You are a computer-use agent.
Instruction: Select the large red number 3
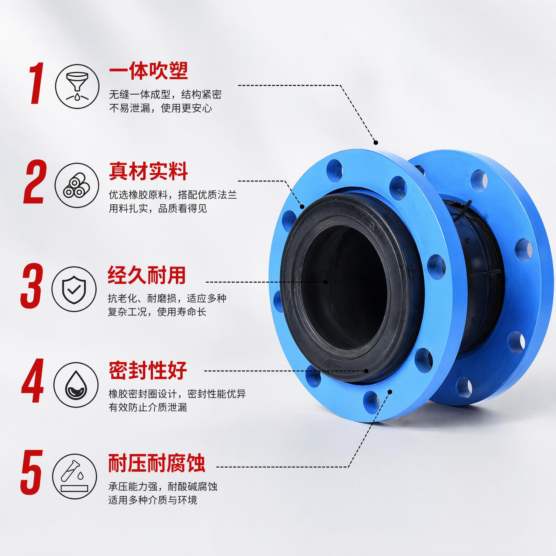pyautogui.click(x=32, y=286)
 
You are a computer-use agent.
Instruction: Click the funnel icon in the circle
pyautogui.click(x=77, y=86)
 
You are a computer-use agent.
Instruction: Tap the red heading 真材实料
pyautogui.click(x=148, y=171)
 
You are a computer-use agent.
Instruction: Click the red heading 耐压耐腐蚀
pyautogui.click(x=157, y=463)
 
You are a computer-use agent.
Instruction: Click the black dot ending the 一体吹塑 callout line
pyautogui.click(x=375, y=142)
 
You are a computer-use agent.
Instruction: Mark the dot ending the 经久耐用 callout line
pyautogui.click(x=325, y=282)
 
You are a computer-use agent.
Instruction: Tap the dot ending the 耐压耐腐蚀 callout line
pyautogui.click(x=390, y=392)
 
